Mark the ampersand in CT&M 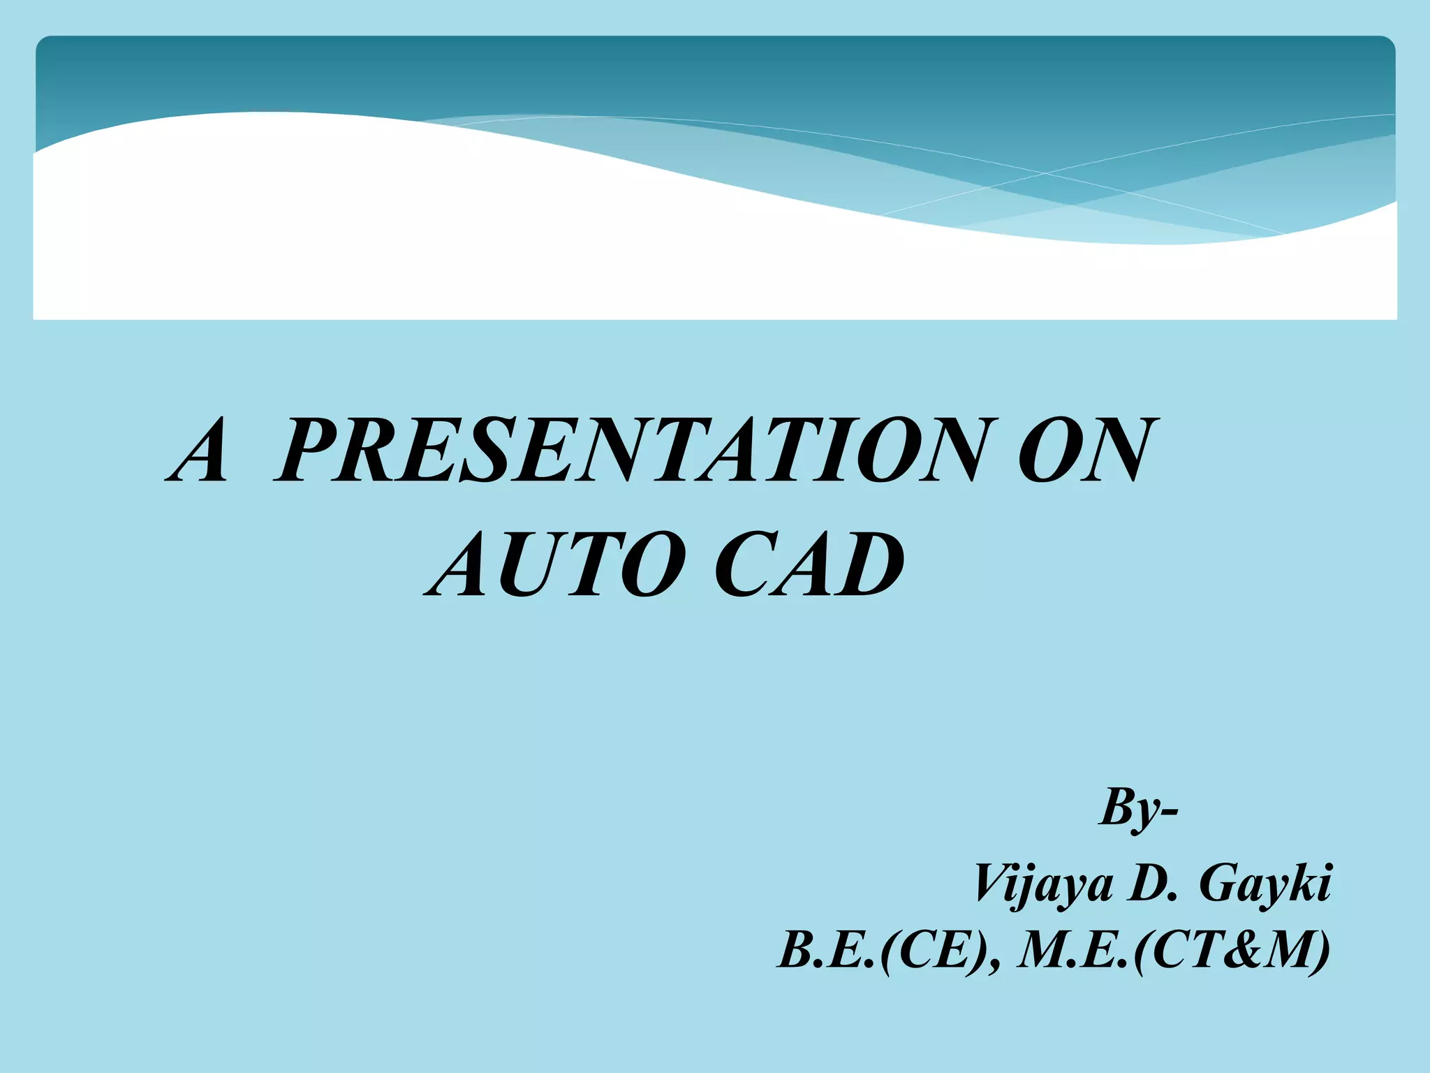(1244, 951)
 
